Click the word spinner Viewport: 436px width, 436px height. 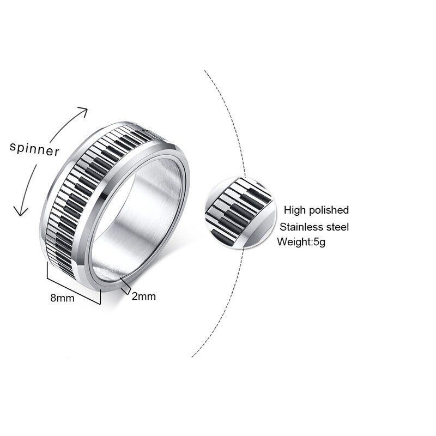pos(34,148)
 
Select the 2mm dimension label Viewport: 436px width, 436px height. pos(144,296)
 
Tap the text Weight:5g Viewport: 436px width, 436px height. pos(301,242)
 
